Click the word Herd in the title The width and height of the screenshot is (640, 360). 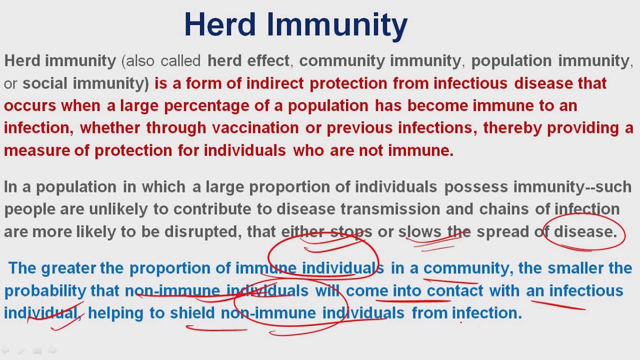pyautogui.click(x=220, y=24)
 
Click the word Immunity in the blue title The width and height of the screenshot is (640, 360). pyautogui.click(x=337, y=27)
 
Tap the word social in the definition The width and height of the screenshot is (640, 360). pyautogui.click(x=45, y=83)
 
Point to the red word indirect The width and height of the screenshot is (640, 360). pyautogui.click(x=275, y=83)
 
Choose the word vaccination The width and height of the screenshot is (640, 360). pyautogui.click(x=255, y=127)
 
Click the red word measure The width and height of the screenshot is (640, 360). pyautogui.click(x=37, y=150)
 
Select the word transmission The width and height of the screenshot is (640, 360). pyautogui.click(x=390, y=209)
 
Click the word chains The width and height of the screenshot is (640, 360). pyautogui.click(x=503, y=209)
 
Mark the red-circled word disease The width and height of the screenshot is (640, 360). pyautogui.click(x=585, y=231)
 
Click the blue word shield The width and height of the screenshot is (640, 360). pyautogui.click(x=192, y=313)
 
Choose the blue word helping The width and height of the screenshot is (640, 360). pyautogui.click(x=115, y=313)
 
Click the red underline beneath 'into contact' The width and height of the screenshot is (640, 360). pyautogui.click(x=413, y=301)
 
